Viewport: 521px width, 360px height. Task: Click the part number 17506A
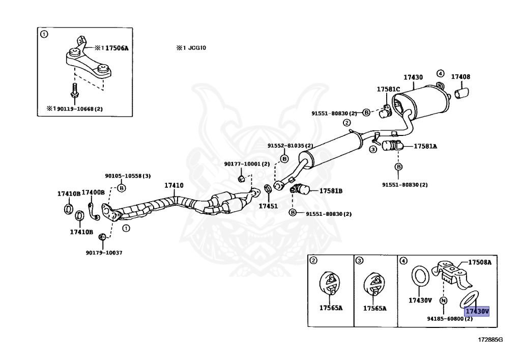117,48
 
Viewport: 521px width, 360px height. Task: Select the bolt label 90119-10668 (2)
80,108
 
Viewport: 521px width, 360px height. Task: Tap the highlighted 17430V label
477,311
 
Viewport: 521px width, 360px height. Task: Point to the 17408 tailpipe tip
461,93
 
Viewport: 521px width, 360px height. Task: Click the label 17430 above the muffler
413,77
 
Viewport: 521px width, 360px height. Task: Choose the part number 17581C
388,89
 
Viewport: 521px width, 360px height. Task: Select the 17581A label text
425,146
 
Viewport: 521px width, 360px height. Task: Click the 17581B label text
331,191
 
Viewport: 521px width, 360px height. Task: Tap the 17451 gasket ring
268,189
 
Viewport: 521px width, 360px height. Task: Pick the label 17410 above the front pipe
174,185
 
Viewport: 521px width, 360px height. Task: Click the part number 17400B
93,192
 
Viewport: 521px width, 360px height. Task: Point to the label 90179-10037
104,253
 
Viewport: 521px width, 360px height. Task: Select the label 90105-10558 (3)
128,176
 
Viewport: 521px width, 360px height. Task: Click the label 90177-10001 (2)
247,164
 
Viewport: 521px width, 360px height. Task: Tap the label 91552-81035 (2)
291,146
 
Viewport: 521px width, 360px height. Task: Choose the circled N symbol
443,300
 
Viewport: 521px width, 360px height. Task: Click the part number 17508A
480,262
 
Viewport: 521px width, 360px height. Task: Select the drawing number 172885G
490,340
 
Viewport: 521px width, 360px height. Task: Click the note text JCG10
197,47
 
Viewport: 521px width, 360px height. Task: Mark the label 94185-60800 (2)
450,319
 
